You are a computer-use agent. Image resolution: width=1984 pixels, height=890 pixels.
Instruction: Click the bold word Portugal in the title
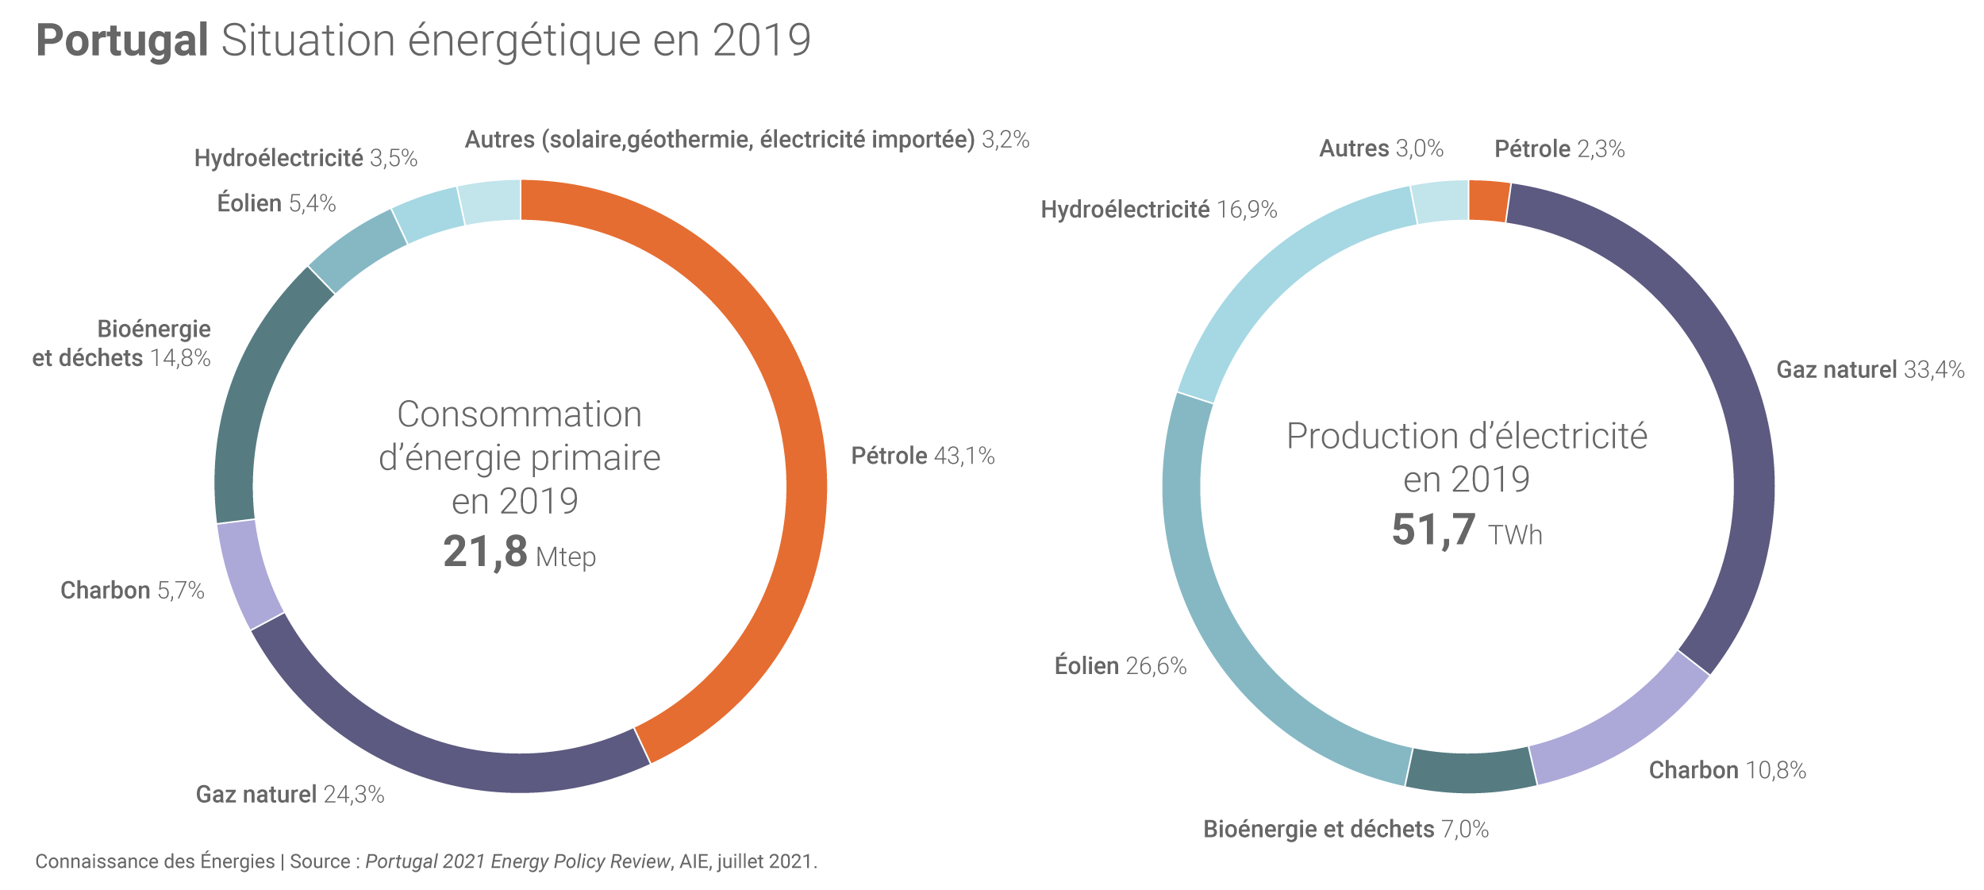point(122,40)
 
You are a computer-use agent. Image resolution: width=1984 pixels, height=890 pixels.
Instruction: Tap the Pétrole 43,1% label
point(922,456)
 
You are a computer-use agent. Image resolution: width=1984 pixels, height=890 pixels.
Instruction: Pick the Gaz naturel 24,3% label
point(290,795)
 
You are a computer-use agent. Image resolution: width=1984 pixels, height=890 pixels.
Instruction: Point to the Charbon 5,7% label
point(132,591)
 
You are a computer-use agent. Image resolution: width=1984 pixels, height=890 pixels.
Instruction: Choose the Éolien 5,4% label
point(276,204)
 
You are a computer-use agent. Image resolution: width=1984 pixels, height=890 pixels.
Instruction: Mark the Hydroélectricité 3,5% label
point(306,159)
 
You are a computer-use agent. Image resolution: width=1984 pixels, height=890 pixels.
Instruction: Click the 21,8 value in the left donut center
point(485,552)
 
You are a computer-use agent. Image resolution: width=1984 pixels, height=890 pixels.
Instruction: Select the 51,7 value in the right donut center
point(1433,530)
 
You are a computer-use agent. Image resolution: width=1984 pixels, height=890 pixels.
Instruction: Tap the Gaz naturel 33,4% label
point(1870,370)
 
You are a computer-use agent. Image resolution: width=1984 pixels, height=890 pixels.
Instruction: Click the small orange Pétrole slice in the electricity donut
point(1488,202)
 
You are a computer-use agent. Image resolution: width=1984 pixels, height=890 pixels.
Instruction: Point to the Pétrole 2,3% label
point(1559,149)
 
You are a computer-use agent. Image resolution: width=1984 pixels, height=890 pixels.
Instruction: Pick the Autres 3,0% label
point(1381,149)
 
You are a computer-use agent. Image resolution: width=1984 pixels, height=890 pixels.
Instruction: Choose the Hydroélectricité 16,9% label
point(1159,210)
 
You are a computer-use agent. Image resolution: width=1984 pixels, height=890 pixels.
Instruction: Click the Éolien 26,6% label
point(1120,666)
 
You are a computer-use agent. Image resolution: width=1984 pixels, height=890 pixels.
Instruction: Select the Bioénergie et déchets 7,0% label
point(1345,830)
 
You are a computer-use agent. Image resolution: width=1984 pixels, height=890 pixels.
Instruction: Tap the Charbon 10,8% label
point(1727,771)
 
